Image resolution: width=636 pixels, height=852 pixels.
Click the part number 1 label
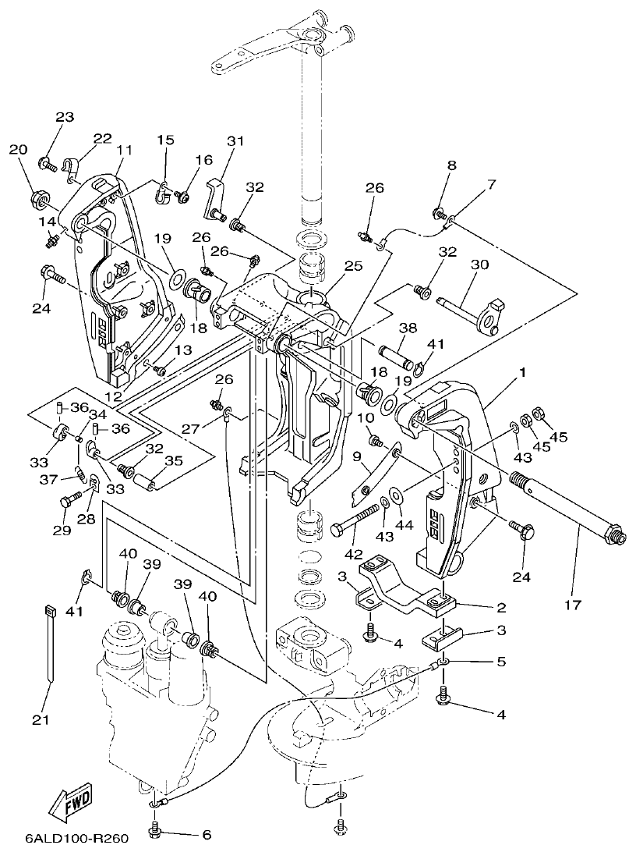point(522,372)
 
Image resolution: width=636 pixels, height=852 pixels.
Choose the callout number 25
point(354,266)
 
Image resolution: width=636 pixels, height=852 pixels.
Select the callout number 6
point(207,834)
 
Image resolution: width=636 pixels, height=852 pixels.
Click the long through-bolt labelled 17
point(561,508)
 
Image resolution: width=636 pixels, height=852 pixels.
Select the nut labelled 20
point(35,200)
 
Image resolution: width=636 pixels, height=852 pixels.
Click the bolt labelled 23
point(45,164)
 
